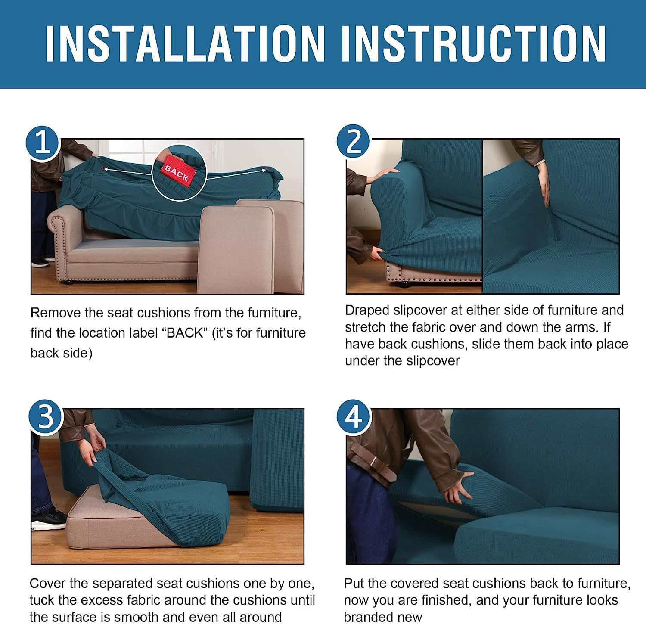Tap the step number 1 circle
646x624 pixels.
[x=42, y=143]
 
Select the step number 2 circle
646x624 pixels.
[x=353, y=141]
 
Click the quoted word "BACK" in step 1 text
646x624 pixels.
[x=185, y=333]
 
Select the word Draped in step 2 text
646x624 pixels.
[x=367, y=310]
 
